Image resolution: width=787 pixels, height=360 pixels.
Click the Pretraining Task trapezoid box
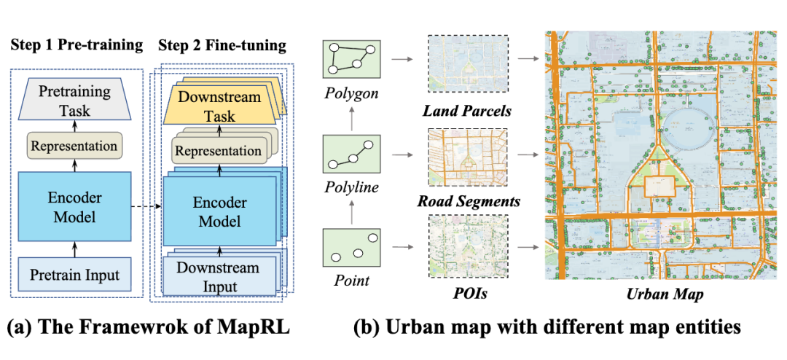pyautogui.click(x=75, y=102)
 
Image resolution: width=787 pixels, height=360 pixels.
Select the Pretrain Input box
pyautogui.click(x=75, y=276)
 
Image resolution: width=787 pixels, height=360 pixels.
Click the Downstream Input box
pyautogui.click(x=217, y=277)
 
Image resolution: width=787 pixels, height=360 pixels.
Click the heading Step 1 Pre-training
pyautogui.click(x=77, y=45)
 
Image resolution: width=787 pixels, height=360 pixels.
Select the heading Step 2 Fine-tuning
pyautogui.click(x=222, y=45)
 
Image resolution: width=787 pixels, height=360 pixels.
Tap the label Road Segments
pyautogui.click(x=469, y=201)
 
